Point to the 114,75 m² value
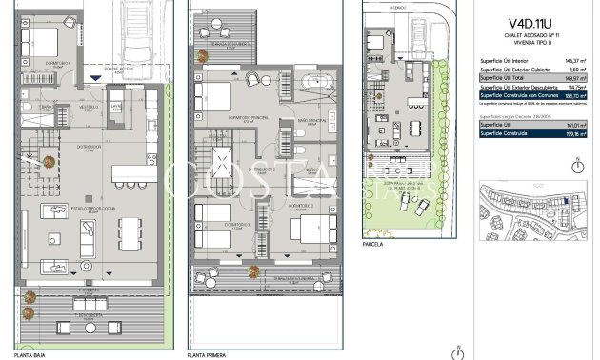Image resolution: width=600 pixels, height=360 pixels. coord(577,87)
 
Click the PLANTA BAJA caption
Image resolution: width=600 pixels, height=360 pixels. coord(36,354)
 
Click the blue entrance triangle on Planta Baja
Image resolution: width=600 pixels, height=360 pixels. coord(91,77)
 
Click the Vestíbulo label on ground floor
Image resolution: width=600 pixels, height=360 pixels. coord(89,107)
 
